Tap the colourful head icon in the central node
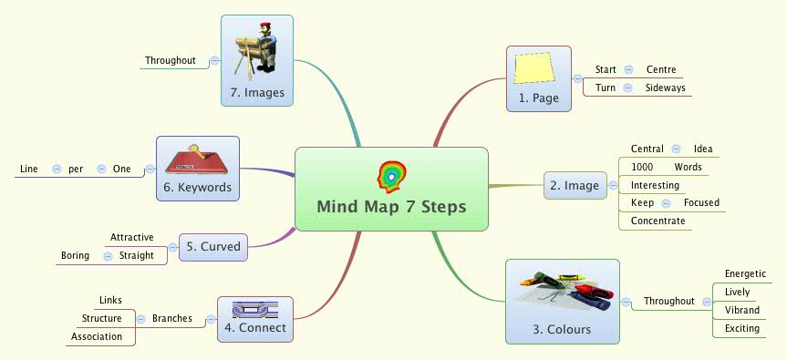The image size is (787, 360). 392,176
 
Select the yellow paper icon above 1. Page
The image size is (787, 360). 533,69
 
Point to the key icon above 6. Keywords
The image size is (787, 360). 197,159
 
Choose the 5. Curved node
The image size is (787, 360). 213,246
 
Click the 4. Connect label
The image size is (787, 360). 255,327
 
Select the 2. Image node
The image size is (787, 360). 575,186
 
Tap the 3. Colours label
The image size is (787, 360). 562,329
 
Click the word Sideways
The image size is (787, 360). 665,87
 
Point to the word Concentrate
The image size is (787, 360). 658,221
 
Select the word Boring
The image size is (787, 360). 75,255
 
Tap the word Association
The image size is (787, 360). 97,336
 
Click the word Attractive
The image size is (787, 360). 131,237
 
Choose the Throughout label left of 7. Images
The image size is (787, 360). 171,61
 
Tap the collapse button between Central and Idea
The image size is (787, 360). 675,149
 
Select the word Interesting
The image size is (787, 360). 655,185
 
